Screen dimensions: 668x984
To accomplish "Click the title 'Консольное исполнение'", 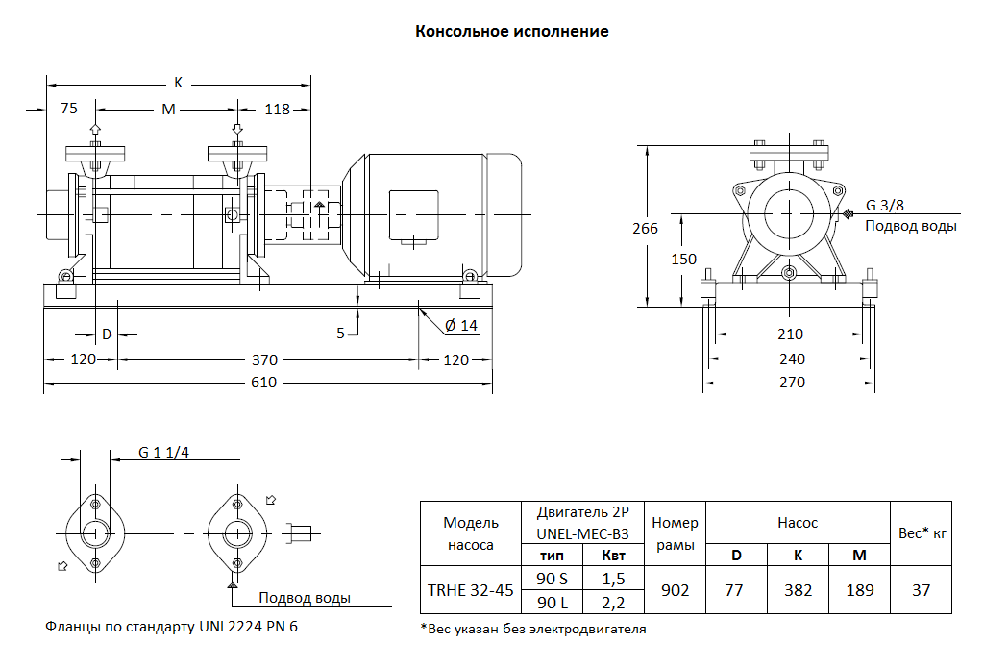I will click(x=511, y=31).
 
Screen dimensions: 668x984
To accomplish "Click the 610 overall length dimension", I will click(x=264, y=383).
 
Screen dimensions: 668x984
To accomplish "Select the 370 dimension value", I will click(x=264, y=360).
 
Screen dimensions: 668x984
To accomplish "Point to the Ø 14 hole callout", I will click(x=460, y=326).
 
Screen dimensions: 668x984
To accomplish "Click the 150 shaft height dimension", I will click(x=683, y=260).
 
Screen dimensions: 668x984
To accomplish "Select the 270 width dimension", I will click(x=790, y=383).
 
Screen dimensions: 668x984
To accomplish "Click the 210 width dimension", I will click(x=790, y=334).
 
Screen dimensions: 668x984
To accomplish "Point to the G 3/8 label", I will click(x=885, y=206).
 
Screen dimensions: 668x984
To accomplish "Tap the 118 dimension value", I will click(x=277, y=110).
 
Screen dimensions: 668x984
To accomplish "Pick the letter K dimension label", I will click(x=178, y=82).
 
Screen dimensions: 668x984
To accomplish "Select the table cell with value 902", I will click(x=676, y=590).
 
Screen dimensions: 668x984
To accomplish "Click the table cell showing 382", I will click(x=798, y=590).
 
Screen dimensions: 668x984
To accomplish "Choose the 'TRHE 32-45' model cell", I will click(x=471, y=590).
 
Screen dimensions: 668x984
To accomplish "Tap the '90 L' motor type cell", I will click(x=553, y=603).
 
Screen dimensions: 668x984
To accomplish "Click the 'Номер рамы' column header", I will click(x=675, y=533).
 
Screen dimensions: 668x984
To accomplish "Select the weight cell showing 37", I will click(x=921, y=590).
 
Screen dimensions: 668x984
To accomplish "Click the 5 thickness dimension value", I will click(x=340, y=334).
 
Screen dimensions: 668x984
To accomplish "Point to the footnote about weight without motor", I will click(x=533, y=630).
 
